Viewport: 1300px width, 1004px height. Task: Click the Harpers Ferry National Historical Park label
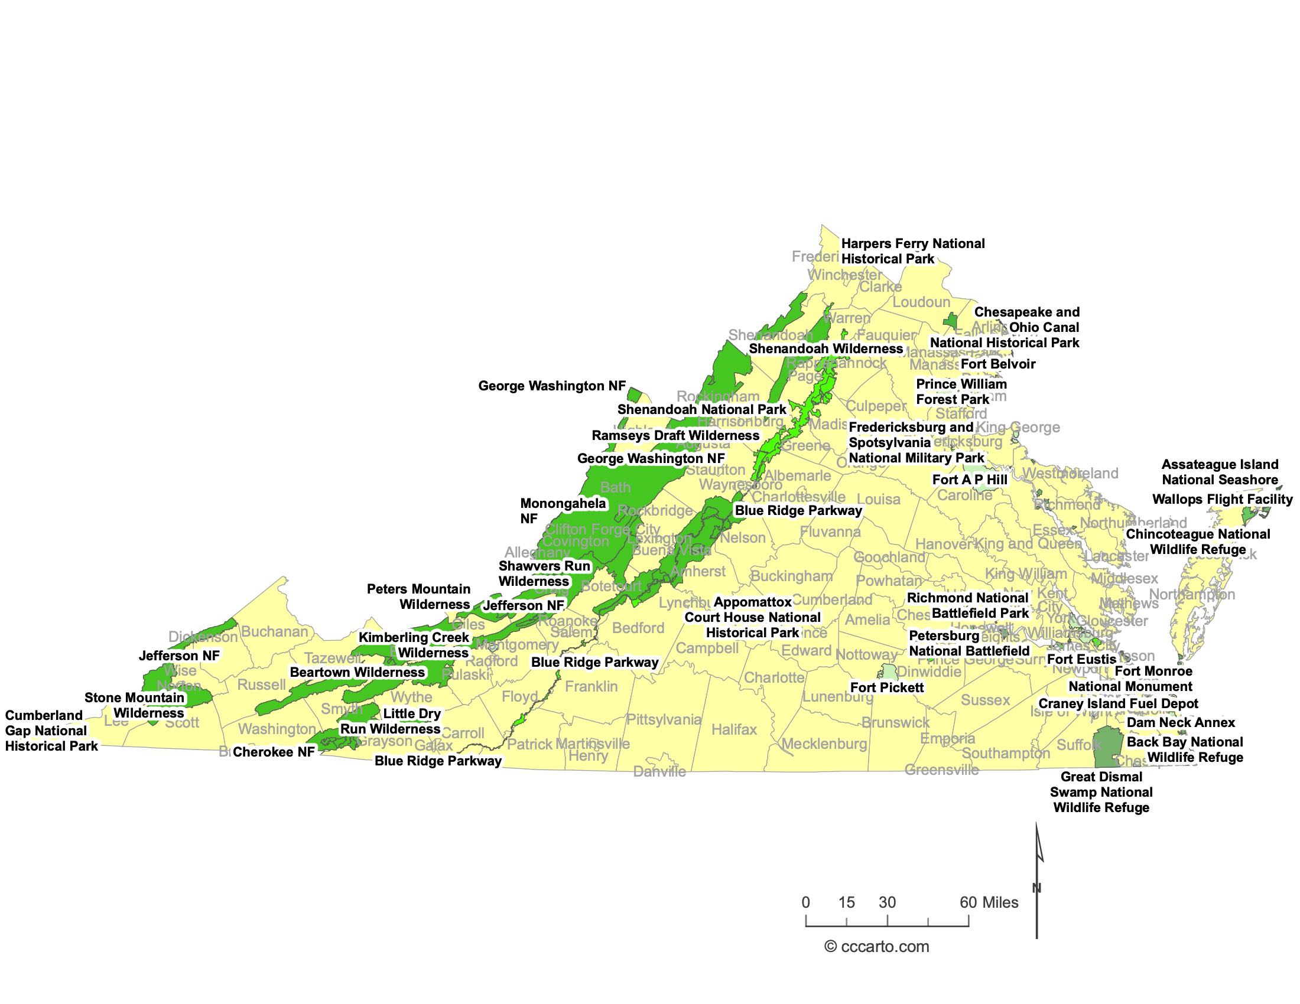tap(912, 251)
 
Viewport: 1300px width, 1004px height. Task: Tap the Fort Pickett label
tap(886, 687)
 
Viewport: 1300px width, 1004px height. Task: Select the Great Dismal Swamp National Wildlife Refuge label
tap(1101, 792)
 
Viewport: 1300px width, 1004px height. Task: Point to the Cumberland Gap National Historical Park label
tap(51, 731)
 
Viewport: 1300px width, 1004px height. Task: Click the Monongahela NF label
tap(563, 511)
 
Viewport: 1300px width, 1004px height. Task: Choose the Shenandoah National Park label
tap(701, 409)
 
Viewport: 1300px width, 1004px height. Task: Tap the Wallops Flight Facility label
tap(1222, 500)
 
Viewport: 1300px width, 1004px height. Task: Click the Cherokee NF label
tap(273, 752)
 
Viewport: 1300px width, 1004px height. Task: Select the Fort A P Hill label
tap(970, 480)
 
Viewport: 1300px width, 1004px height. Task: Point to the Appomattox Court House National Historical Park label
tap(752, 617)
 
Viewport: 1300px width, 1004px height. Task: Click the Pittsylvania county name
tap(663, 720)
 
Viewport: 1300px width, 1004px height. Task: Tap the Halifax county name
tap(734, 729)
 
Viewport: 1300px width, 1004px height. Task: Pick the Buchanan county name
tap(274, 632)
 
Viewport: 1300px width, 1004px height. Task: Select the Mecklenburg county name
tap(824, 744)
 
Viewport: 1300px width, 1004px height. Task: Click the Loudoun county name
tap(921, 302)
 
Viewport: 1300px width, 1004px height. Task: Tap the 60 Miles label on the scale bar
tap(989, 902)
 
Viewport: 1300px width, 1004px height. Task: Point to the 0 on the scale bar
tap(805, 902)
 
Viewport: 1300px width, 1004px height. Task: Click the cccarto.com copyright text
tap(876, 946)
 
